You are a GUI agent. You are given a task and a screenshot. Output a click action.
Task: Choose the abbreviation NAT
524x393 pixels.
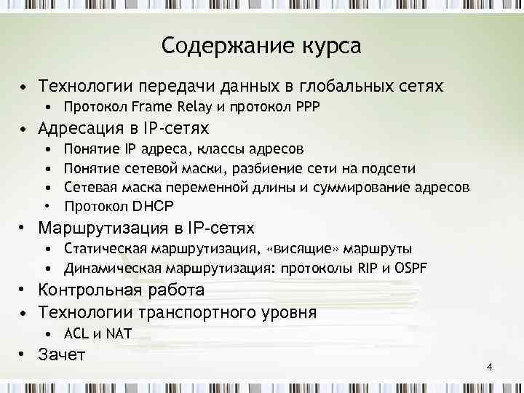click(117, 334)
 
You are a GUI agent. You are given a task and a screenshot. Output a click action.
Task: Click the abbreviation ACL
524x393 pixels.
click(76, 334)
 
